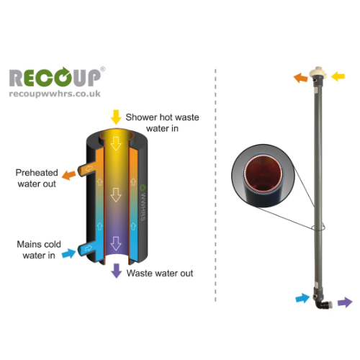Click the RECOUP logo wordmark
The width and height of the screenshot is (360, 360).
(55, 77)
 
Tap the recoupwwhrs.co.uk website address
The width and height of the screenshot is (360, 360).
(55, 94)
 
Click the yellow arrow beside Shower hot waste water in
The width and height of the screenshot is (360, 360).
(116, 117)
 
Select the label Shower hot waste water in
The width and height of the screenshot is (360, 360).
(162, 122)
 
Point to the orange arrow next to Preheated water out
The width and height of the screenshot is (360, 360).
(69, 175)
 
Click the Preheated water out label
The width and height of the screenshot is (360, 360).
(37, 178)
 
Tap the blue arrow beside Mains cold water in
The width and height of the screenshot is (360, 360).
(69, 253)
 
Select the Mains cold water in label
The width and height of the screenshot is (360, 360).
(39, 250)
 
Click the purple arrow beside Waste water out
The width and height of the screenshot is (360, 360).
(117, 271)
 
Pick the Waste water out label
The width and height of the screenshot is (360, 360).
(160, 273)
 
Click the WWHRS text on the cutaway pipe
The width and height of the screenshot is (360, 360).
(143, 207)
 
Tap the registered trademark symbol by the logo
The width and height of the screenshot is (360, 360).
(102, 69)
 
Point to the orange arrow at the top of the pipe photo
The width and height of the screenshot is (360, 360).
(301, 78)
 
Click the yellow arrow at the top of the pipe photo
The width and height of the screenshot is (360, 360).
(338, 76)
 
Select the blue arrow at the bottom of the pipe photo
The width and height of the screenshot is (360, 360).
(302, 298)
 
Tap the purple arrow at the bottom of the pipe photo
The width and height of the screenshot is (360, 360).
(345, 302)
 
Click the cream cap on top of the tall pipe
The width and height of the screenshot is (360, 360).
(318, 72)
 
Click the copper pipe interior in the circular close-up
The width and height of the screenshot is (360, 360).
(264, 174)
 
